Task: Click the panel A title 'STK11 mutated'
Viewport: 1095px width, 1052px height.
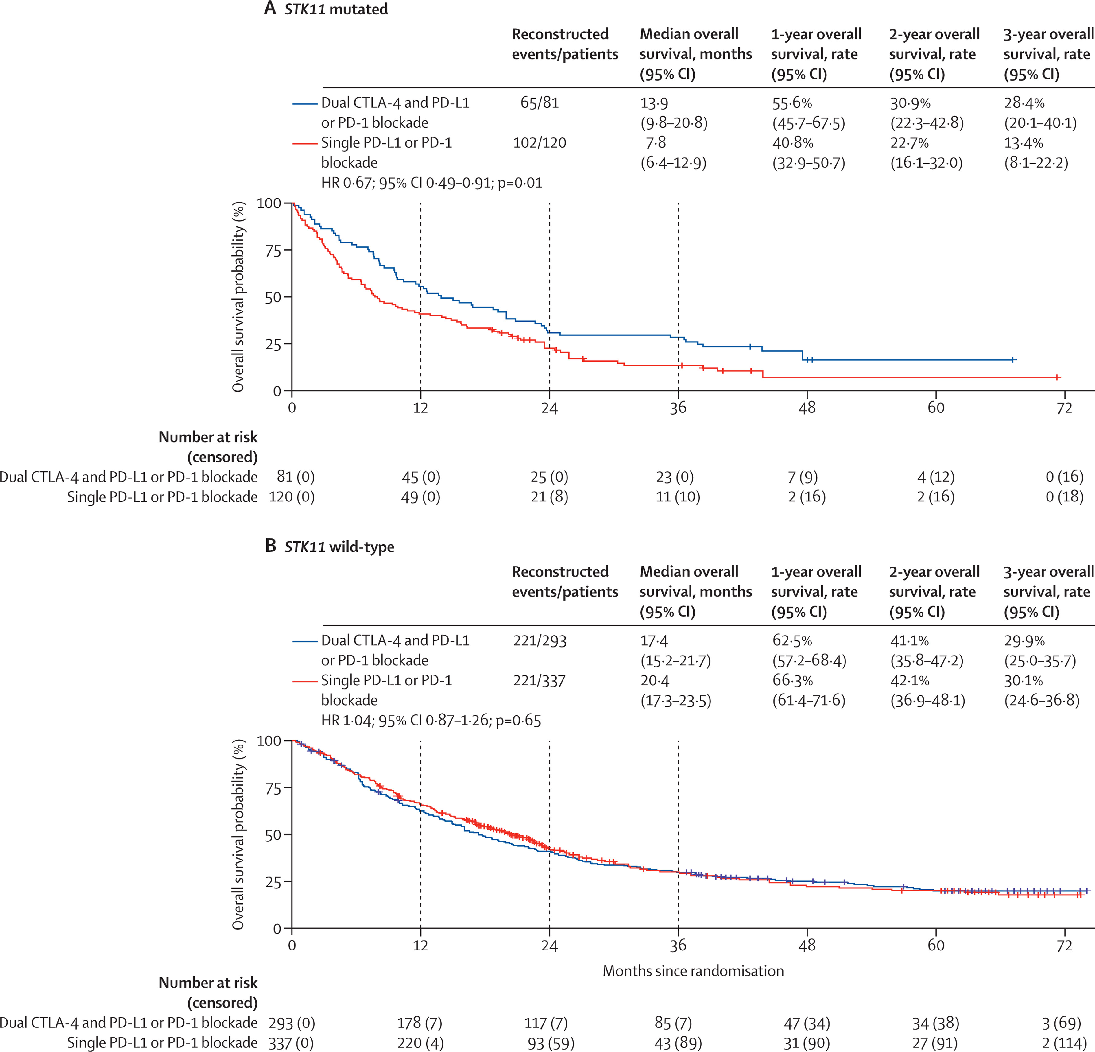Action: click(x=335, y=10)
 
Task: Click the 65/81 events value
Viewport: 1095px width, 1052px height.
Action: click(x=539, y=103)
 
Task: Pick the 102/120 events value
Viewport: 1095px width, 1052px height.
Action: click(x=539, y=143)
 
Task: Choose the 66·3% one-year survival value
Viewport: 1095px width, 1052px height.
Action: click(x=792, y=680)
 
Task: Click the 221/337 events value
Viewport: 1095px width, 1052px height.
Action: click(x=539, y=680)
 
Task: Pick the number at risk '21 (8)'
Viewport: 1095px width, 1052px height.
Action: click(x=549, y=497)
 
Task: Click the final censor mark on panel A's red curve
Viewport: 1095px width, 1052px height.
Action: click(x=1057, y=378)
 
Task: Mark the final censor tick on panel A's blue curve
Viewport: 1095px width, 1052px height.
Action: click(x=1012, y=360)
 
